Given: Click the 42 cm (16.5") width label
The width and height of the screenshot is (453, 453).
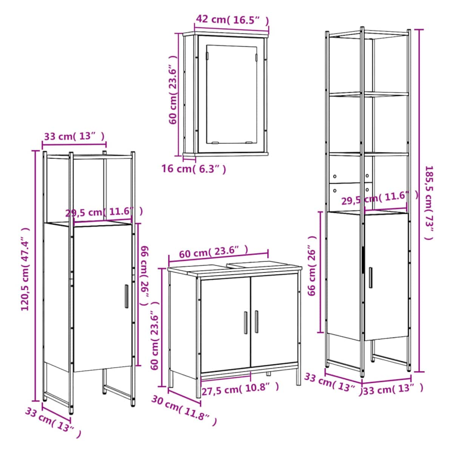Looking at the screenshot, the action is coord(232,20).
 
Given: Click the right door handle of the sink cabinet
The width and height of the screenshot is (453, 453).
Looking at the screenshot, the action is coord(256,322).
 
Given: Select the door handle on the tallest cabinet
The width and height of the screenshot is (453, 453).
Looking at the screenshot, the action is coord(371,277).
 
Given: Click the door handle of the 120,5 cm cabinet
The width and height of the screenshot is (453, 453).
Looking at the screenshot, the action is coord(126,296).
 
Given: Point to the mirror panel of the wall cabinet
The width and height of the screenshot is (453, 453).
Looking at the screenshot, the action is coord(231,94).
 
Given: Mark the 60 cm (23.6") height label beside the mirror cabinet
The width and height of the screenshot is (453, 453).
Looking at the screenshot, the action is coord(173,90).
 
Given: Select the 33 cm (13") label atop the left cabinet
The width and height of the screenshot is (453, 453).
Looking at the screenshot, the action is coord(74,136).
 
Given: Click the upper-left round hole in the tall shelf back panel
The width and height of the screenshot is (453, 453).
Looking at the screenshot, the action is coord(335,176).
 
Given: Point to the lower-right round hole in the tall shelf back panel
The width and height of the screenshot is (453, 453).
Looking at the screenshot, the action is coord(367,189).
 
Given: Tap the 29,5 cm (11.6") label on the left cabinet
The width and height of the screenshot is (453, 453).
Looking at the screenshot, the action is coord(104,212).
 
